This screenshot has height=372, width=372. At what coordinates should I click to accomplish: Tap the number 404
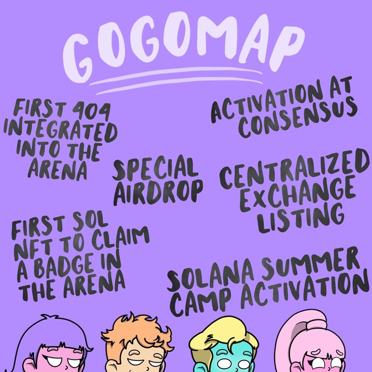click(91, 111)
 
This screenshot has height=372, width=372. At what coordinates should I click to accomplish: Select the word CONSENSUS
click(298, 118)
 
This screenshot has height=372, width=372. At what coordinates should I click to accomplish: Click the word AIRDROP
click(158, 193)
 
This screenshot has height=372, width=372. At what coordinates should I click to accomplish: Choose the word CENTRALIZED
click(294, 168)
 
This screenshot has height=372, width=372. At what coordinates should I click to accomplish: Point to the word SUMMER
click(310, 263)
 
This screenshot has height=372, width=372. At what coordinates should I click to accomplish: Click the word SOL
click(90, 221)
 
